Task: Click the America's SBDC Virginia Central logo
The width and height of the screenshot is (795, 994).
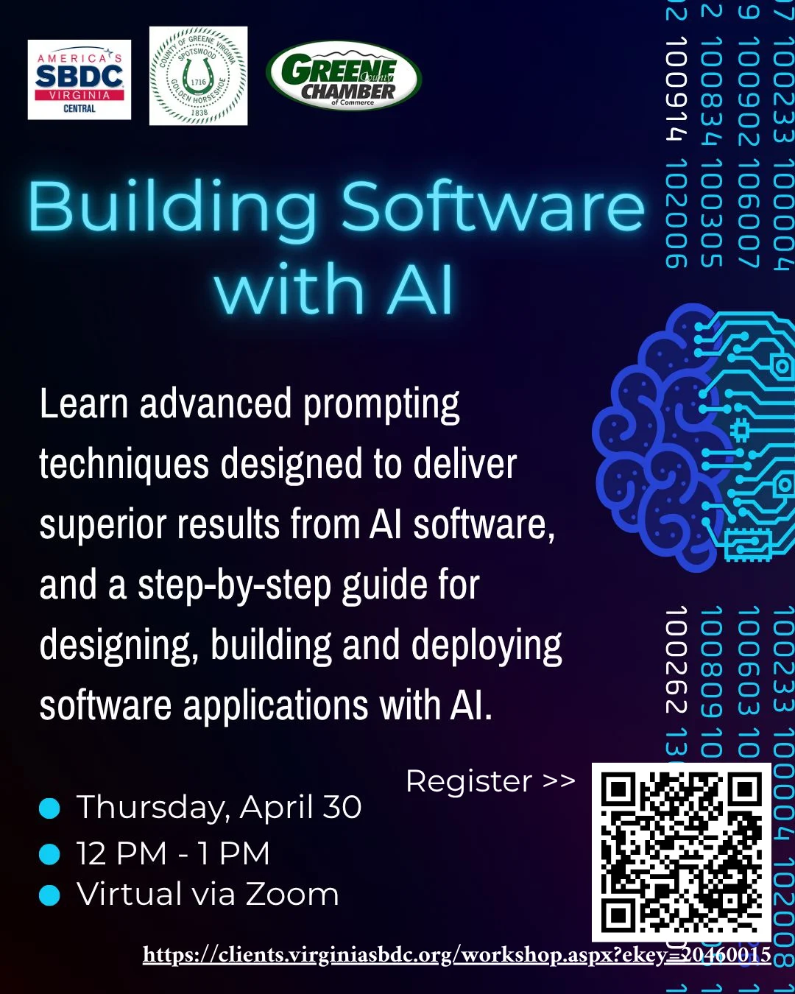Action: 79,80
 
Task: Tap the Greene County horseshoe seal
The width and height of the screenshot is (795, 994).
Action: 198,77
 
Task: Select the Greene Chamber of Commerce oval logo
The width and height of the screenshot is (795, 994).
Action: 343,76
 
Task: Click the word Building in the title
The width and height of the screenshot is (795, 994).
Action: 174,208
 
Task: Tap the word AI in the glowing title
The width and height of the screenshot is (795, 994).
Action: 420,289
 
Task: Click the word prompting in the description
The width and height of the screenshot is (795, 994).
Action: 381,406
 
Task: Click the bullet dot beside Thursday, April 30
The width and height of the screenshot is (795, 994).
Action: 49,808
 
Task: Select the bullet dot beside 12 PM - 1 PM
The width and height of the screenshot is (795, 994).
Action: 49,854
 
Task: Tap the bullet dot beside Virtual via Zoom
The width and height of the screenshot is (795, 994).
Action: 49,895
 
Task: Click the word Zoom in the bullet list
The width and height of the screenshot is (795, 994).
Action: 292,895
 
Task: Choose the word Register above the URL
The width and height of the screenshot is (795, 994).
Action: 469,781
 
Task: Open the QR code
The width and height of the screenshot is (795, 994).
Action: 681,851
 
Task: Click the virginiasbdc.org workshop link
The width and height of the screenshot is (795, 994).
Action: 456,955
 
